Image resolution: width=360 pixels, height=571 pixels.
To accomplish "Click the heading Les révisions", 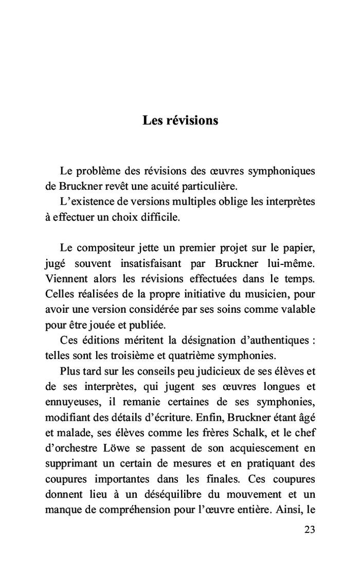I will pyautogui.click(x=180, y=120).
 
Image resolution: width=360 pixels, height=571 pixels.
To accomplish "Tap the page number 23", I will pyautogui.click(x=309, y=529).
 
